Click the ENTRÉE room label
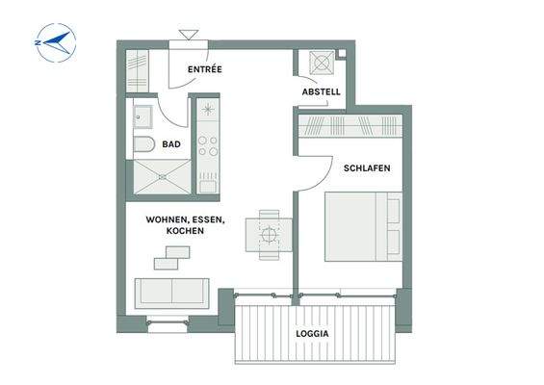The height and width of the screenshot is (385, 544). [205, 69]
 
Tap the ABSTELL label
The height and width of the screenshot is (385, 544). [321, 91]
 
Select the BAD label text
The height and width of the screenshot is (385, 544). [171, 144]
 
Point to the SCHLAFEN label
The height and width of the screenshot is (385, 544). [367, 168]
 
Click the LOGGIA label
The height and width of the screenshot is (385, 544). [312, 334]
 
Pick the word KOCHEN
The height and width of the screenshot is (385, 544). [185, 231]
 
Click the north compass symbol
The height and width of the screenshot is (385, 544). [56, 42]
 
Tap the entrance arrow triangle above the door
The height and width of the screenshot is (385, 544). [189, 35]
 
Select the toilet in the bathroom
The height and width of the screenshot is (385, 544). [143, 144]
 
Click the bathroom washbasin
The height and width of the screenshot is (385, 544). [142, 116]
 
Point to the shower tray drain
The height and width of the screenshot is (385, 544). [163, 177]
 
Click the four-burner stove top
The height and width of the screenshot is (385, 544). [208, 145]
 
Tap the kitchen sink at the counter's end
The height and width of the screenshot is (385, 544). [208, 183]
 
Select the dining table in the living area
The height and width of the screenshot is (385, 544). [269, 235]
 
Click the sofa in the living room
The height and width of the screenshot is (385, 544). [171, 294]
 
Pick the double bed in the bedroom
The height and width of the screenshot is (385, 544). [363, 226]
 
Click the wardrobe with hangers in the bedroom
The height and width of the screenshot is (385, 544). [350, 125]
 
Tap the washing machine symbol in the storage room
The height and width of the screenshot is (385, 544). [322, 63]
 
